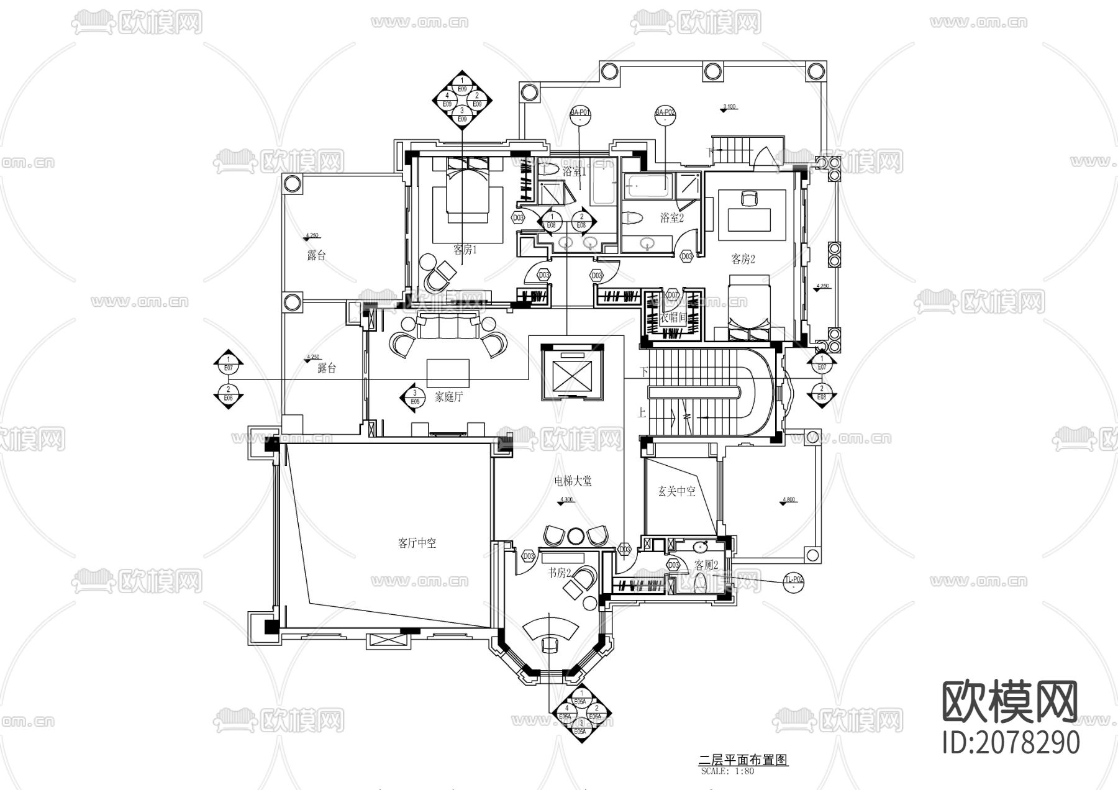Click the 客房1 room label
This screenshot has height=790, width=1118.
click(465, 250)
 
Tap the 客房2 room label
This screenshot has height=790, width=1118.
click(743, 259)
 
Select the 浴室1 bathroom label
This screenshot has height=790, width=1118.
click(575, 171)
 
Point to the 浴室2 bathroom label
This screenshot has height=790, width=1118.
click(671, 218)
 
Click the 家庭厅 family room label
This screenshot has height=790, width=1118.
click(448, 397)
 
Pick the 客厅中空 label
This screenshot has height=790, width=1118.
click(417, 543)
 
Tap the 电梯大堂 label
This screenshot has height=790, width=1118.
click(573, 481)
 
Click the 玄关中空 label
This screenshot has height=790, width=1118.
click(676, 491)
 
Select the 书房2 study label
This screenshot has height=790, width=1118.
click(560, 573)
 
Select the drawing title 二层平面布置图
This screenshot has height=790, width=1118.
click(743, 760)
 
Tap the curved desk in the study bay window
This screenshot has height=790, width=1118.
click(550, 629)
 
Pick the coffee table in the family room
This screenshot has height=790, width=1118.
click(448, 371)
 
